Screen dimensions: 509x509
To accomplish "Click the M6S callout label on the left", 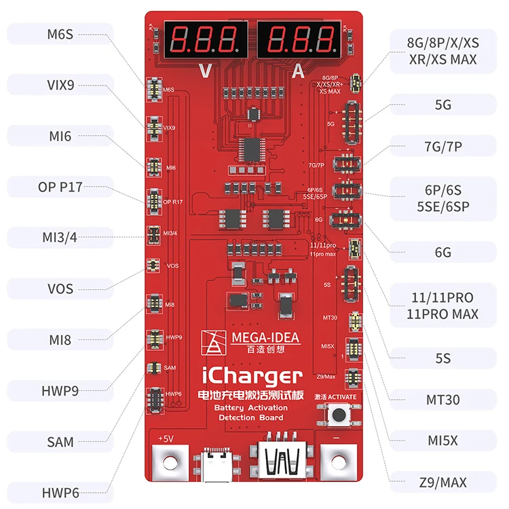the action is pos(60,33).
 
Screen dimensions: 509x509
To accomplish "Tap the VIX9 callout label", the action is pos(60,85).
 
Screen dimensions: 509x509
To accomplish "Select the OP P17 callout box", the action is pos(60,186).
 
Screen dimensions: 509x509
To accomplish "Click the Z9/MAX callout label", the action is pos(442,483).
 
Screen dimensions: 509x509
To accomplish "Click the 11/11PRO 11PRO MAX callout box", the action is pos(442,305).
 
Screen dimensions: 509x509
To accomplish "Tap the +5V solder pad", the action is pos(166,466).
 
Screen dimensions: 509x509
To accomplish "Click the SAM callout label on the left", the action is pos(60,442).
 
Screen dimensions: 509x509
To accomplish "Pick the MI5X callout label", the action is pos(442,440).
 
